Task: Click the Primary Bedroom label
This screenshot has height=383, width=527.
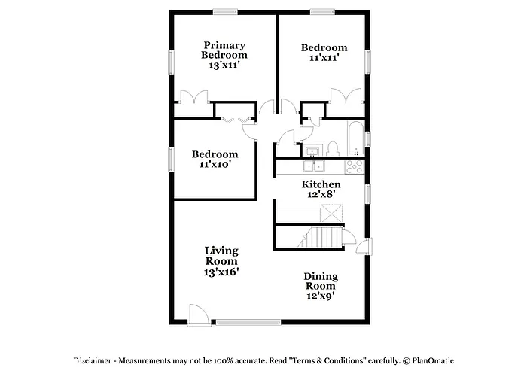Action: [x=224, y=55]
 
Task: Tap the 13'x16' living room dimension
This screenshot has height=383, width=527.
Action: [x=221, y=272]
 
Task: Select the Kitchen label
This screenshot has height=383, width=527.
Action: [x=321, y=184]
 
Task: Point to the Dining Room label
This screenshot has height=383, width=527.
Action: [x=321, y=281]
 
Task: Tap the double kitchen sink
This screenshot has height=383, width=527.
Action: [x=314, y=166]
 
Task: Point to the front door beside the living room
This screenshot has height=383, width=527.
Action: [x=197, y=315]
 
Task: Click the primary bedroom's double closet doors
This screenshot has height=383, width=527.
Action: [x=193, y=98]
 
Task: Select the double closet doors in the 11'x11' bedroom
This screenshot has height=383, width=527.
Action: [x=346, y=98]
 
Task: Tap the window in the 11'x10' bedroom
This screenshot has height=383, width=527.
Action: [x=171, y=160]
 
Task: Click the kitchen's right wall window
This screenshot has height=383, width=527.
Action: [x=368, y=193]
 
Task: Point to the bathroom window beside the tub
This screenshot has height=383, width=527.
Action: [x=368, y=139]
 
